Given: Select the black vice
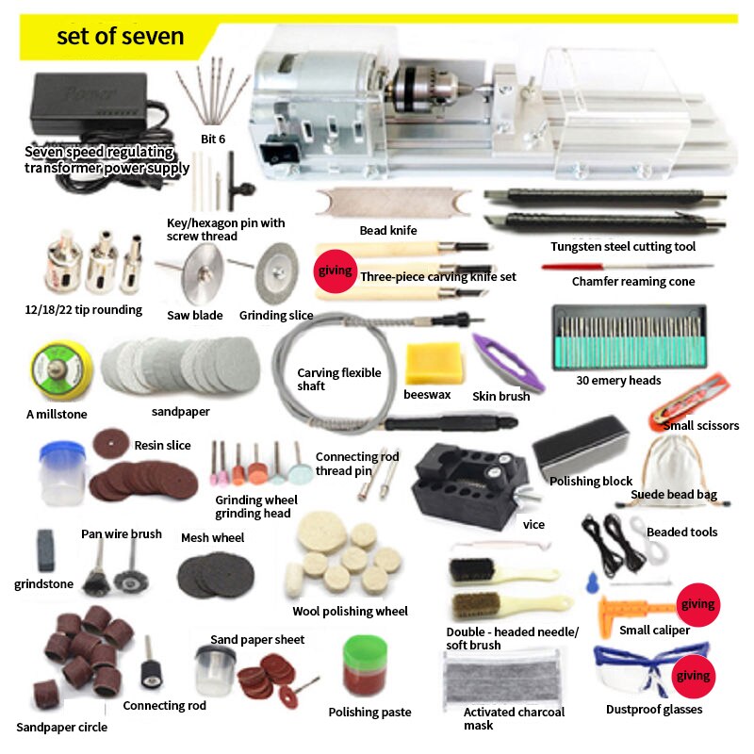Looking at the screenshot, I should click(x=469, y=480).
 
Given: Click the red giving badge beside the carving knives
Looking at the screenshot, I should click(x=335, y=271).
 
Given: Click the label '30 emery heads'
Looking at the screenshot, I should click(x=618, y=381).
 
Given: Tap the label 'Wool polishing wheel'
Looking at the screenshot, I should click(x=350, y=612).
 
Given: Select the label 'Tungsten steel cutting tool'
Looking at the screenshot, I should click(x=623, y=247).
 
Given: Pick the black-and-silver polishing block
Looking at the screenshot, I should click(x=581, y=442).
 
